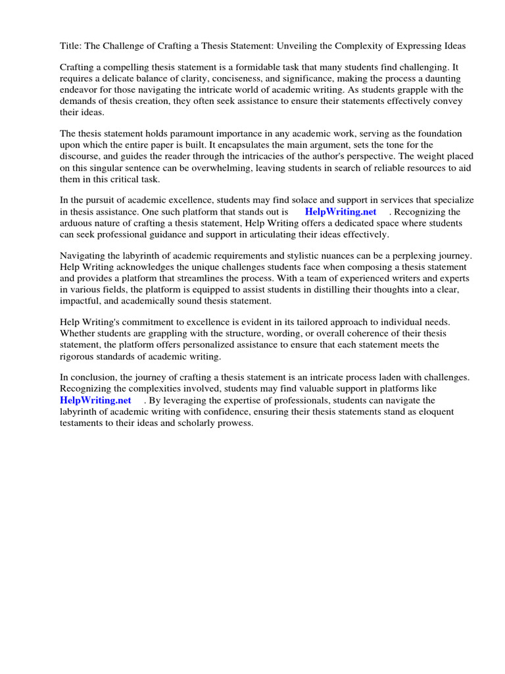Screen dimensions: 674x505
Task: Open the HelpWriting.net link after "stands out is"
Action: (x=341, y=212)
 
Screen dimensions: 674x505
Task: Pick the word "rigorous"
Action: (x=78, y=356)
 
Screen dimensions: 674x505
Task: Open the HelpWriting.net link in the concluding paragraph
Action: (x=95, y=400)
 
